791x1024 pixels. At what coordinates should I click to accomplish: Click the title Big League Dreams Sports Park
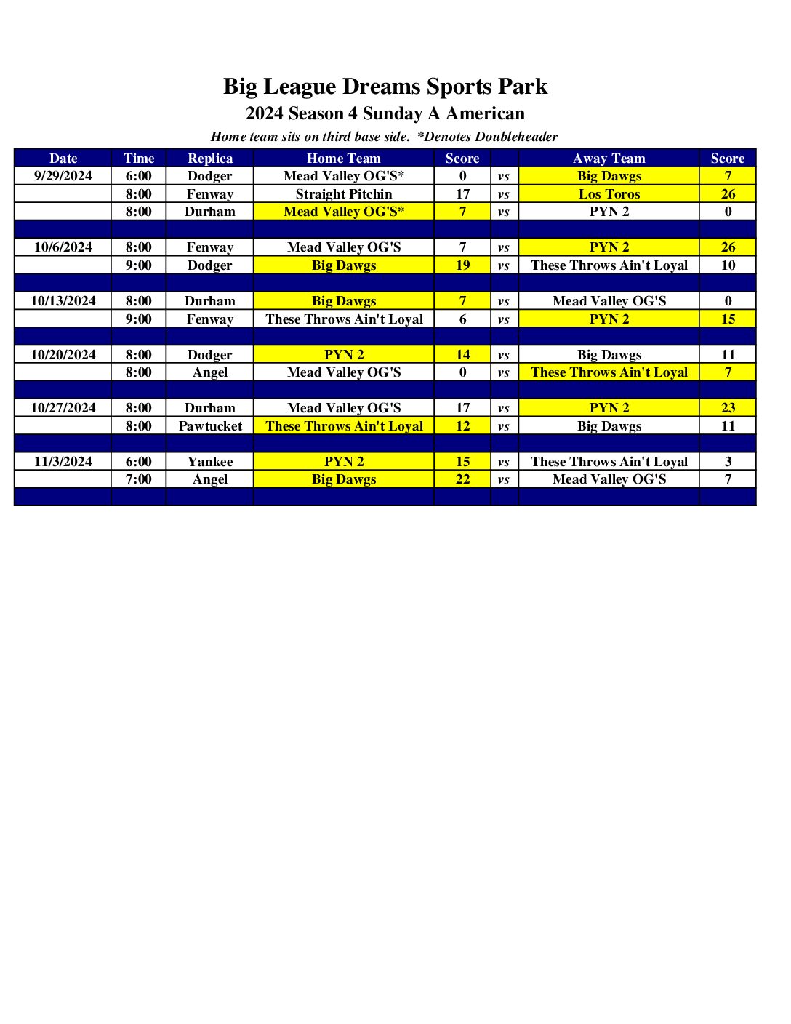[x=385, y=87]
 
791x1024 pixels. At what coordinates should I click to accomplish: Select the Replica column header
[x=210, y=159]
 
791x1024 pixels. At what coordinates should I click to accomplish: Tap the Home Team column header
[x=343, y=159]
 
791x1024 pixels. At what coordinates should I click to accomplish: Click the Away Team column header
[x=609, y=159]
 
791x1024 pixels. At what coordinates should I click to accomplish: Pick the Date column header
[x=63, y=159]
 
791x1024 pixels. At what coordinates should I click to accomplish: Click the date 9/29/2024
[x=63, y=176]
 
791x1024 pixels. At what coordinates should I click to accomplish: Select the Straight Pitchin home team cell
[x=343, y=194]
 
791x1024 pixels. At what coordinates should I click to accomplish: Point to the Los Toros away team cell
[x=609, y=194]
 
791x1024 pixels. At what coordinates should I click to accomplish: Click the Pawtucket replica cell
[x=210, y=426]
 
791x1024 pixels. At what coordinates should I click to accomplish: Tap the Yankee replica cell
[x=210, y=462]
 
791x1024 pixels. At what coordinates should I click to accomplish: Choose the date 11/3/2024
[x=63, y=462]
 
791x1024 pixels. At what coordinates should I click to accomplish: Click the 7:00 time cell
[x=138, y=479]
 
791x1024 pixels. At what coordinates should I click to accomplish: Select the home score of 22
[x=462, y=479]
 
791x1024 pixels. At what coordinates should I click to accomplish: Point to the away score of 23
[x=728, y=408]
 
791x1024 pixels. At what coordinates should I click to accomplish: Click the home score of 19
[x=462, y=265]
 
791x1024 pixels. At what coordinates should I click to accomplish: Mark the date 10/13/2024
[x=63, y=301]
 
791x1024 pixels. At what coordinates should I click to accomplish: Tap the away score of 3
[x=728, y=462]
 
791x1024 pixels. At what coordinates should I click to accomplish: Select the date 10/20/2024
[x=63, y=355]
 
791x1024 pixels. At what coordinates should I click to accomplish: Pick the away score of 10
[x=728, y=265]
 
